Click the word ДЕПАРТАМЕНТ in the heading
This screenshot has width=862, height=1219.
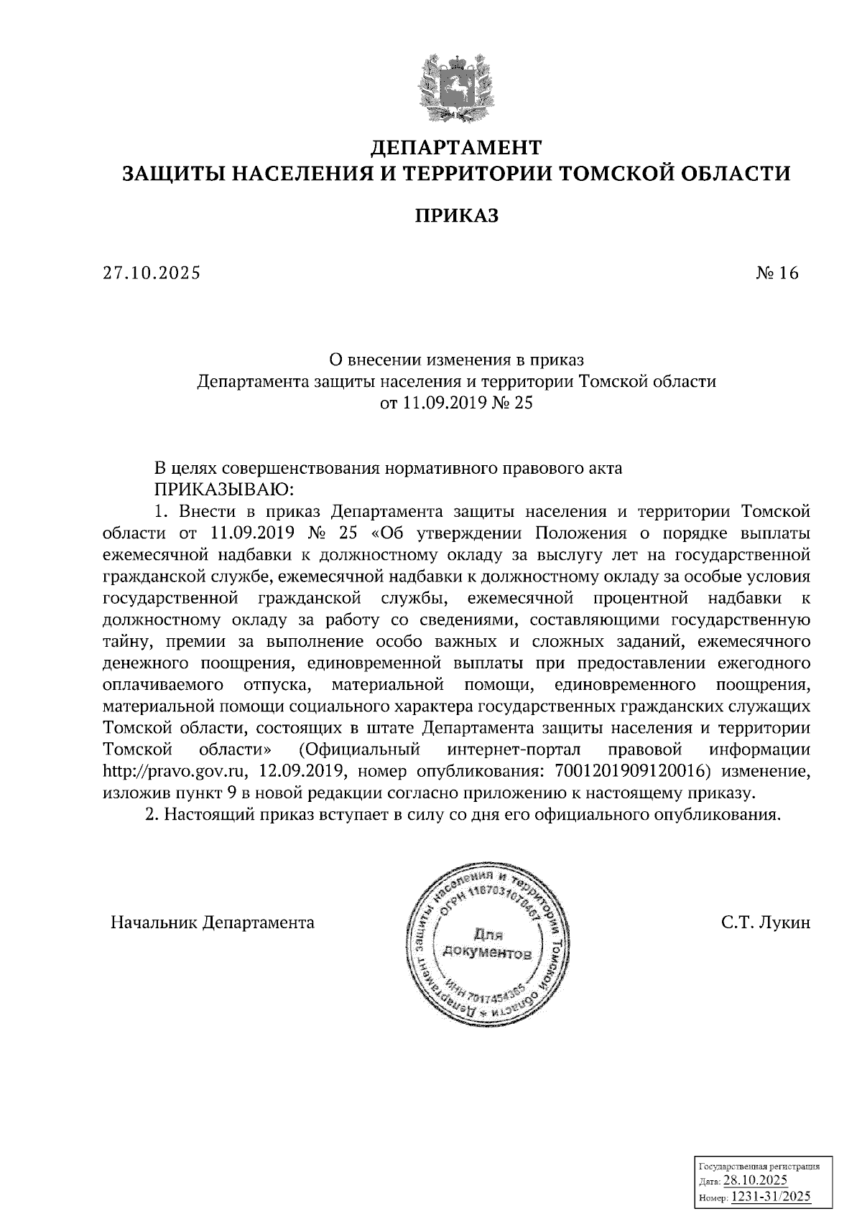click(x=455, y=148)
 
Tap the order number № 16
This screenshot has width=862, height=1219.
click(x=777, y=274)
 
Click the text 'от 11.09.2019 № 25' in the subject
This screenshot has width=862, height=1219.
click(x=456, y=403)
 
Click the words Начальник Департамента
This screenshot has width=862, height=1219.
click(x=213, y=923)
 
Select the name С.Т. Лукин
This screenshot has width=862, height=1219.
click(x=766, y=923)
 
